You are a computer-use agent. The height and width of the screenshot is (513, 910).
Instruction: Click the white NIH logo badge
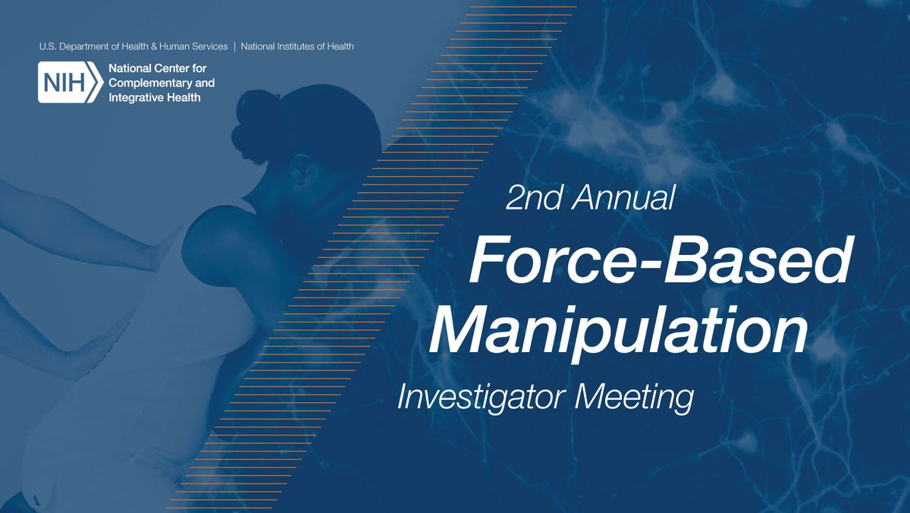pyautogui.click(x=70, y=82)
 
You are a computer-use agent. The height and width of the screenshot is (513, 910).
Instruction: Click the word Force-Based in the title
pyautogui.click(x=659, y=261)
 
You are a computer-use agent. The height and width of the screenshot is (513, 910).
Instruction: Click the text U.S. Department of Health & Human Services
pyautogui.click(x=133, y=46)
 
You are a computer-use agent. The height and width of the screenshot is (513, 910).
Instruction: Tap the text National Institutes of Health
pyautogui.click(x=297, y=46)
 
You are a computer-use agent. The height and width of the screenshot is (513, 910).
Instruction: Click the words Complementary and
pyautogui.click(x=162, y=83)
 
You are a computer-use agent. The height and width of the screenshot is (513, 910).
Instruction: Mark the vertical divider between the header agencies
pyautogui.click(x=234, y=46)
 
